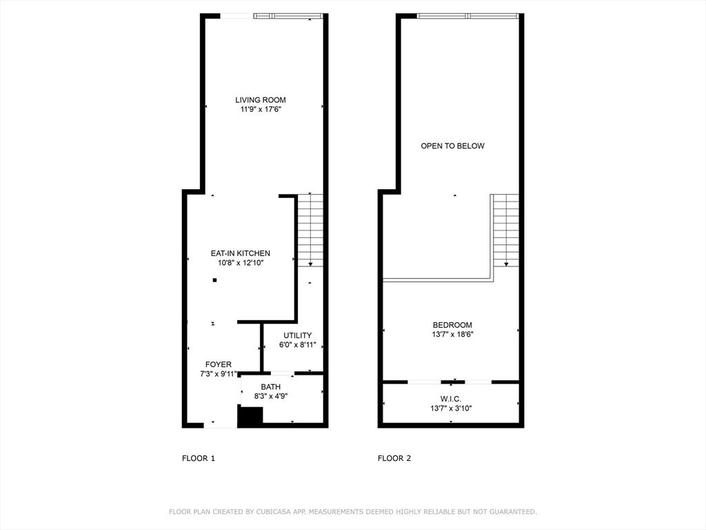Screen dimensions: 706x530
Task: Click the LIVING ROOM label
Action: tap(260, 100)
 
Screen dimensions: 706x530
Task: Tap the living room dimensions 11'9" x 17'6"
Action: tap(261, 110)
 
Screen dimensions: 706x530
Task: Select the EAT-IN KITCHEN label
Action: tap(241, 254)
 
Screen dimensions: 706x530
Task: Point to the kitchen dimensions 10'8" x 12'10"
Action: tap(241, 263)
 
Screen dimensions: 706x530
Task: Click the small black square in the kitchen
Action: tap(215, 280)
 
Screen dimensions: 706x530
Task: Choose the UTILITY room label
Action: tap(298, 336)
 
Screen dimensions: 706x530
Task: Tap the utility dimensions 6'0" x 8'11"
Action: tap(298, 345)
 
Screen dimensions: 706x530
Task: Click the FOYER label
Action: tap(219, 364)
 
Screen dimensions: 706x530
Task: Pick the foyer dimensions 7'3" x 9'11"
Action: tap(219, 374)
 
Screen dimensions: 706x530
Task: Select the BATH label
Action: tap(270, 387)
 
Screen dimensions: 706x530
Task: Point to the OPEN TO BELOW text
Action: tap(452, 146)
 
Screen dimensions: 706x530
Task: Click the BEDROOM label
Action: tap(452, 325)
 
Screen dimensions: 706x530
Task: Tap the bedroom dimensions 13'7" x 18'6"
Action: tap(452, 335)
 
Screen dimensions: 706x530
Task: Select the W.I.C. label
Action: tap(451, 400)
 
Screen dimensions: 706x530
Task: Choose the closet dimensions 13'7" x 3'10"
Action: tap(451, 409)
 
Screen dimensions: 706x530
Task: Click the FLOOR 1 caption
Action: tap(199, 458)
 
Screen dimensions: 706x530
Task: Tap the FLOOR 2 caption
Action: tap(394, 458)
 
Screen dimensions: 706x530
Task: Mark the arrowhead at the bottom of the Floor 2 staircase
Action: tap(506, 264)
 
